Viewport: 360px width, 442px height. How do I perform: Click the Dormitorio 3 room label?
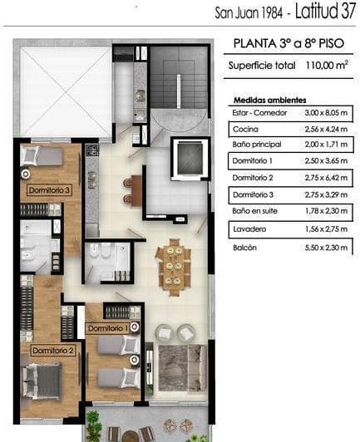click(x=49, y=190)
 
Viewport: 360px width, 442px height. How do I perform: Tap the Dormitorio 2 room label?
click(x=53, y=351)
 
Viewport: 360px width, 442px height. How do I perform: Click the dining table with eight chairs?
click(x=174, y=265)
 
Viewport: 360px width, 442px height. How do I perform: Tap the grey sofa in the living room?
click(x=181, y=366)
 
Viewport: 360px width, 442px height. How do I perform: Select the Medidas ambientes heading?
click(x=269, y=99)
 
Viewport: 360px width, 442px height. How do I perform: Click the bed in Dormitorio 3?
click(x=43, y=156)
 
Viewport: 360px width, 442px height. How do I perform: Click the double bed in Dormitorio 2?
click(x=42, y=382)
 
